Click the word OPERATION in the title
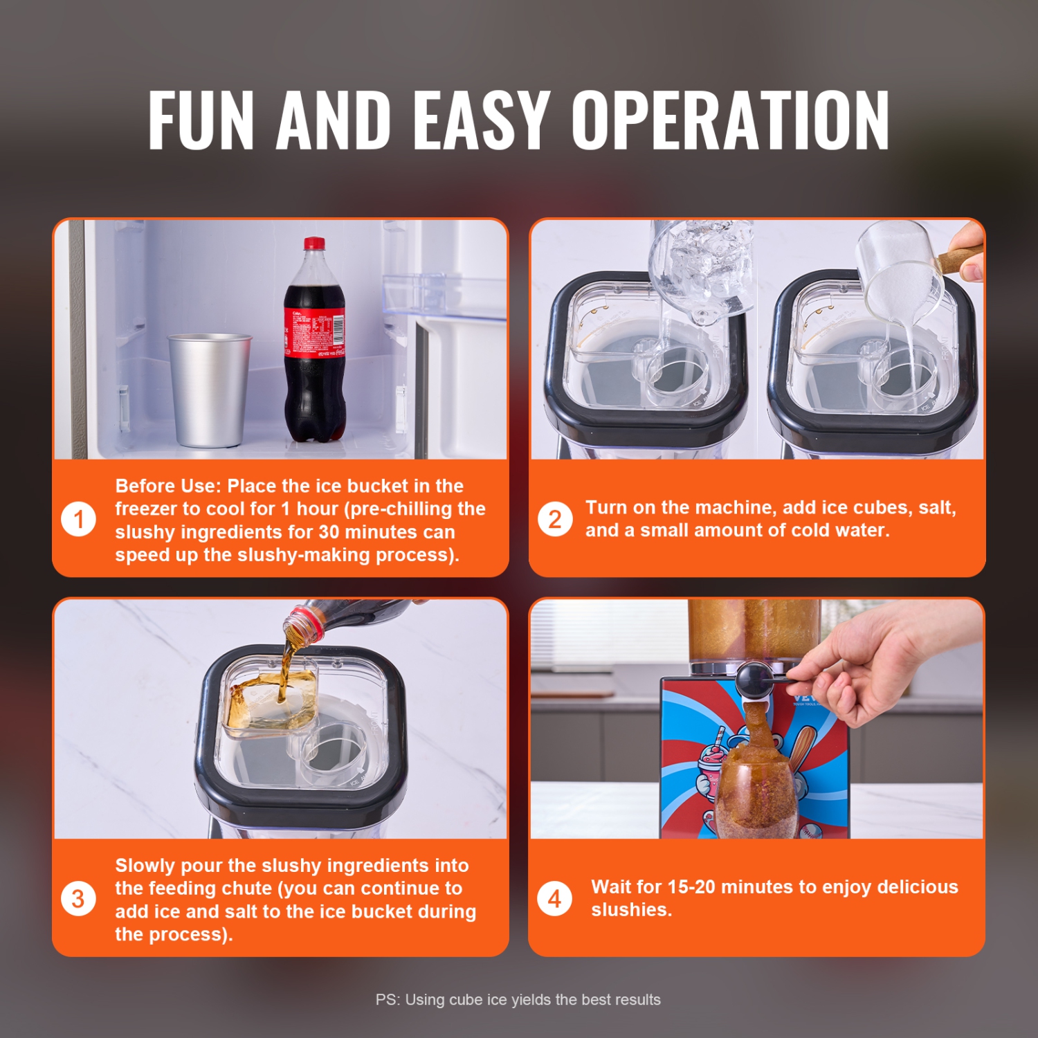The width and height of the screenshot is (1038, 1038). tap(730, 120)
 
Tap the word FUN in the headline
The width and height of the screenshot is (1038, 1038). tap(201, 120)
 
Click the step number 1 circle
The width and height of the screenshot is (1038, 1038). tap(78, 519)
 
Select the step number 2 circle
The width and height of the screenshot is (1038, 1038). tap(555, 519)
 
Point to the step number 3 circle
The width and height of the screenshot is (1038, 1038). tap(78, 898)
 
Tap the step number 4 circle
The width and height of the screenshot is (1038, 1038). tap(555, 898)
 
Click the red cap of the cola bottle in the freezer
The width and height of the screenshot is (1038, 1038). tap(314, 244)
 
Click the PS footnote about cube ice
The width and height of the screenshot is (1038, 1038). tap(518, 999)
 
